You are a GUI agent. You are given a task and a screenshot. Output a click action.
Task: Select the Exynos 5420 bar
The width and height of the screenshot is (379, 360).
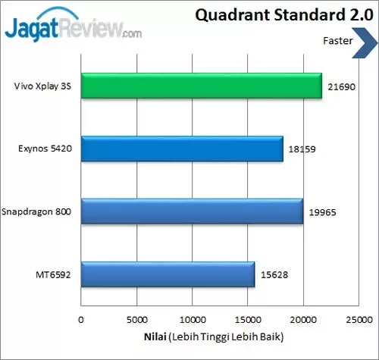181,149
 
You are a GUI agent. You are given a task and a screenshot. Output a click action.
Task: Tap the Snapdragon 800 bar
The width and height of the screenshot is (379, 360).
191,211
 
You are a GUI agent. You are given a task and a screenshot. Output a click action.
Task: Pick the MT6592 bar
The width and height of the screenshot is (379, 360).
167,274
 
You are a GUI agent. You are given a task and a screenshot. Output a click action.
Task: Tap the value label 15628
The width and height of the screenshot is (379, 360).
274,275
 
